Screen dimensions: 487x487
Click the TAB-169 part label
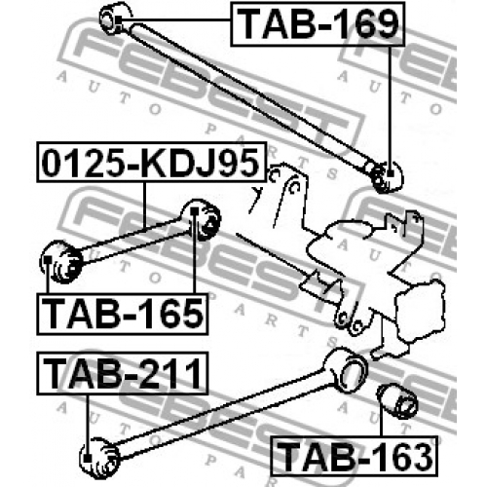point(318,24)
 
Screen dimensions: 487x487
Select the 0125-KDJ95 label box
point(151,162)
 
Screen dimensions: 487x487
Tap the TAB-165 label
point(123,314)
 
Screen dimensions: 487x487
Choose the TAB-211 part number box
point(123,373)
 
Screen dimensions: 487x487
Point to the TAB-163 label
point(355,456)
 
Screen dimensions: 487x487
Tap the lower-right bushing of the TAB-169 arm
point(387,177)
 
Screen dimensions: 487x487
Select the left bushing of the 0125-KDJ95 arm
point(61,262)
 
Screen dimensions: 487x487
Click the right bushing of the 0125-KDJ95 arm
point(202,219)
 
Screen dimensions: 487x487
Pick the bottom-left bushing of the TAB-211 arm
point(99,457)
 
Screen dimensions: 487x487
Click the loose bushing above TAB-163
point(396,400)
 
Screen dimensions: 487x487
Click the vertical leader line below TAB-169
point(390,109)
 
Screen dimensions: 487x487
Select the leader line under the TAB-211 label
point(87,426)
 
